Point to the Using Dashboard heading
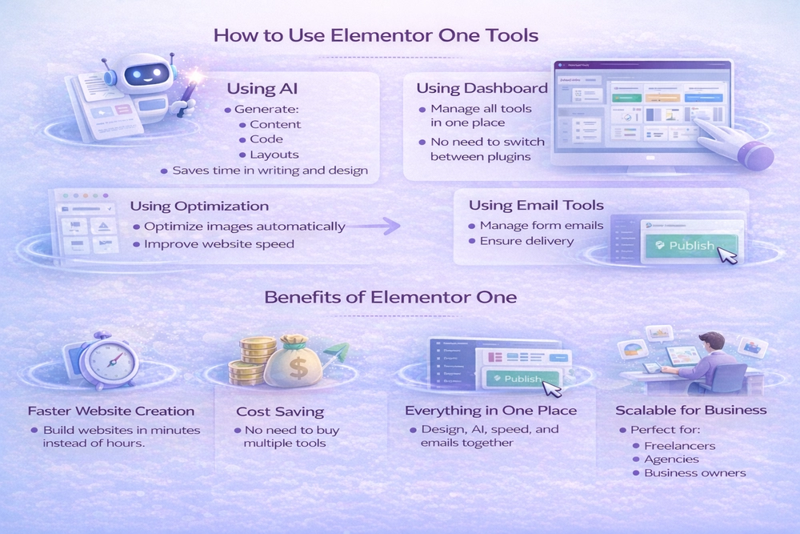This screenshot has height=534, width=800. pyautogui.click(x=482, y=88)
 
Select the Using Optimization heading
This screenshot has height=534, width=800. pyautogui.click(x=199, y=207)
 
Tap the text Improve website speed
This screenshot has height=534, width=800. pyautogui.click(x=219, y=244)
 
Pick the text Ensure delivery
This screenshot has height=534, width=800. pyautogui.click(x=528, y=241)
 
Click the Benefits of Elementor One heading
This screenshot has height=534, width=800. pyautogui.click(x=390, y=297)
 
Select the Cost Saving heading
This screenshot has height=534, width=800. pyautogui.click(x=280, y=412)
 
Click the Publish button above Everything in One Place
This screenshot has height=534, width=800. pyautogui.click(x=518, y=379)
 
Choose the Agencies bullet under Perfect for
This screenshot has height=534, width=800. pyautogui.click(x=671, y=459)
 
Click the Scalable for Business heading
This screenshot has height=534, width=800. pyautogui.click(x=690, y=411)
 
